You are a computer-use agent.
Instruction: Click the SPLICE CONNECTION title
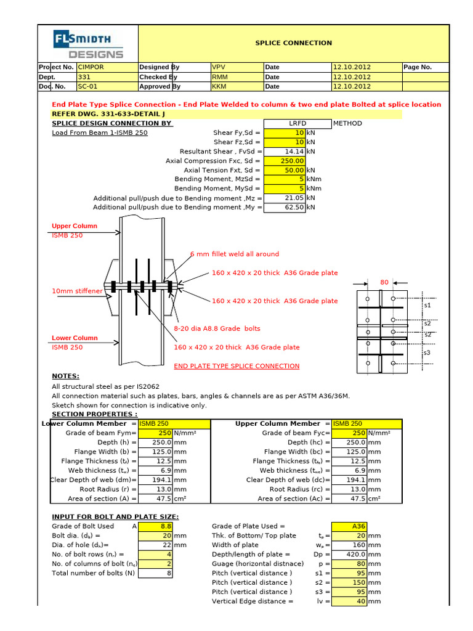[293, 43]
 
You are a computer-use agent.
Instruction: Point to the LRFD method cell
[297, 123]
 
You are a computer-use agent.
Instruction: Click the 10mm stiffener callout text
[77, 291]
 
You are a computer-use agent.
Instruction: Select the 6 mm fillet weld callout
[234, 254]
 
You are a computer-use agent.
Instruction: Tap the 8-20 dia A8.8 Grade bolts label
[217, 329]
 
